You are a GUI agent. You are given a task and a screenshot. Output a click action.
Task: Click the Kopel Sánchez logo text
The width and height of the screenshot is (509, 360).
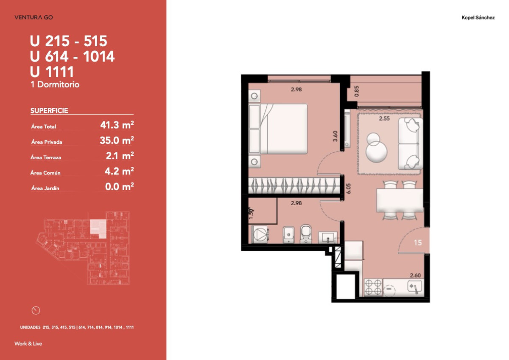(478, 18)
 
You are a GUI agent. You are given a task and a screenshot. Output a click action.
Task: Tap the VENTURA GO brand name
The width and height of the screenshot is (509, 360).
(34, 17)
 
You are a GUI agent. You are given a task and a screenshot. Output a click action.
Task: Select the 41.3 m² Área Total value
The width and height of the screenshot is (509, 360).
(117, 125)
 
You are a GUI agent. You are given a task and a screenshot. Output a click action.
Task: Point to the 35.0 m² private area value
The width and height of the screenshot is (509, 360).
(117, 141)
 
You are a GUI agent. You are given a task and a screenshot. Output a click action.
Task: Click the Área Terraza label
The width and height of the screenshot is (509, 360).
(46, 157)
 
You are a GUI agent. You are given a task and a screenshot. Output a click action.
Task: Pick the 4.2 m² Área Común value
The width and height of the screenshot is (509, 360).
(120, 172)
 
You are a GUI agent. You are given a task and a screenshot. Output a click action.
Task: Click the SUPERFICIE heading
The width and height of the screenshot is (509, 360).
(49, 111)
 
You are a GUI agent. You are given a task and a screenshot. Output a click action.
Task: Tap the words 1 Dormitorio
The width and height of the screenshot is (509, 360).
(55, 84)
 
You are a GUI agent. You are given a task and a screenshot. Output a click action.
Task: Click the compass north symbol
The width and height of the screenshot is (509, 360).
(36, 310)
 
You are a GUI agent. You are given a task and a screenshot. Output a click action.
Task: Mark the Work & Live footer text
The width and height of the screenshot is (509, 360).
(28, 343)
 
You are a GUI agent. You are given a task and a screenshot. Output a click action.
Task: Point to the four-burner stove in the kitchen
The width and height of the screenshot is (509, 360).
(373, 287)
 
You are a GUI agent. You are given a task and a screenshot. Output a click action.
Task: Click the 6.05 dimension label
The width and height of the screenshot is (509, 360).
(349, 188)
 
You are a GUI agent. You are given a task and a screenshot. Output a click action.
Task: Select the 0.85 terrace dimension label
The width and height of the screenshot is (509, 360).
(356, 91)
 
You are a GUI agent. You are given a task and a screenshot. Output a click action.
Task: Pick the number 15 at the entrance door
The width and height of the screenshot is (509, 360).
(418, 243)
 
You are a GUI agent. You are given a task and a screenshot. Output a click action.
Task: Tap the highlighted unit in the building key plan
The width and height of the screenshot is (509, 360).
(98, 228)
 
